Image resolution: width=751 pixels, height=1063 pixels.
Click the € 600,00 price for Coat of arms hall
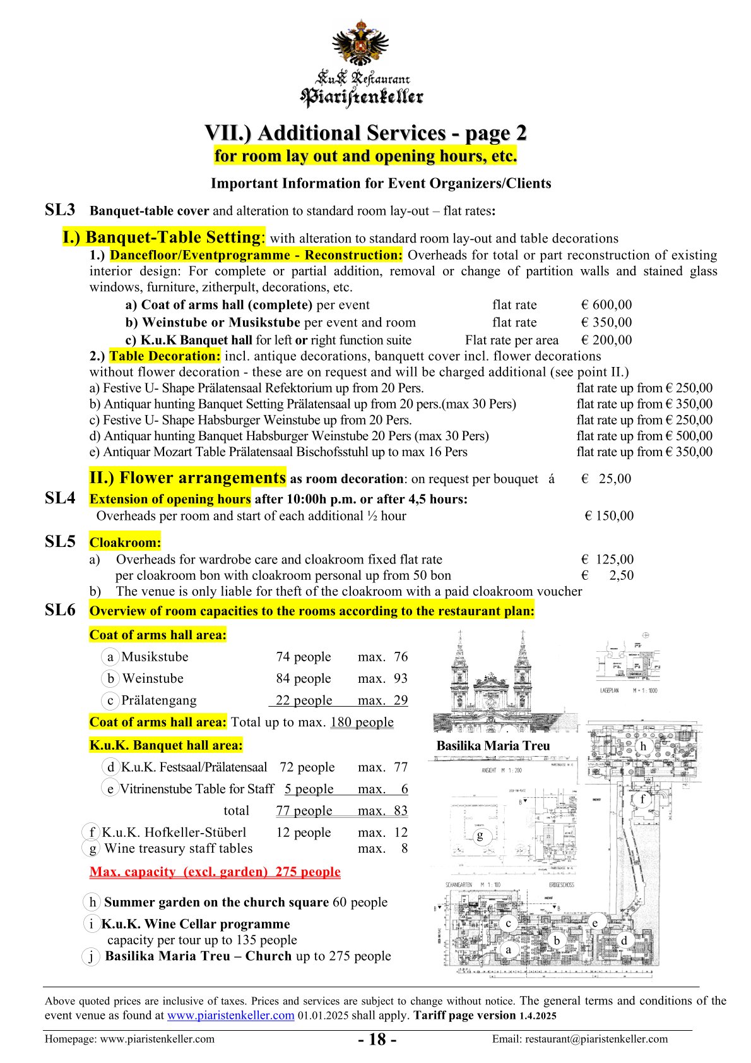tap(606, 305)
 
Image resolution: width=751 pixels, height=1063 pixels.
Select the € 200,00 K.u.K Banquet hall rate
tap(606, 340)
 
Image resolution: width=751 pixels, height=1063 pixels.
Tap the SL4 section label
tap(60, 498)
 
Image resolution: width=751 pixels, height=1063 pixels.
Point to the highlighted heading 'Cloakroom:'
tap(125, 543)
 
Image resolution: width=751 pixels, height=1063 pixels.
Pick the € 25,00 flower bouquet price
tap(606, 479)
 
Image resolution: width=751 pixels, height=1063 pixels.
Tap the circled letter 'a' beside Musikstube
tap(110, 657)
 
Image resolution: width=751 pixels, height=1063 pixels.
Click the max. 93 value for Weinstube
tap(383, 678)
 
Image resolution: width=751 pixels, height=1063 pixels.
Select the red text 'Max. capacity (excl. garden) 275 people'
tap(215, 872)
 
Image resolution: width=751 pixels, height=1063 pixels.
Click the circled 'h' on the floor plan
tap(643, 746)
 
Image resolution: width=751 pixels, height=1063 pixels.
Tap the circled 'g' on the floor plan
tap(480, 836)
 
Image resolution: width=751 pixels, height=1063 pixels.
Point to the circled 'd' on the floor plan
tap(624, 940)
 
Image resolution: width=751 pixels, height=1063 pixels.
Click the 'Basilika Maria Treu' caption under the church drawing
tap(493, 746)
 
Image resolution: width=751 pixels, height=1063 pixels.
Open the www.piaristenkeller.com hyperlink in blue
tap(230, 1016)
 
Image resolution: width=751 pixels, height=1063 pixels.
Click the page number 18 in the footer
tap(377, 1040)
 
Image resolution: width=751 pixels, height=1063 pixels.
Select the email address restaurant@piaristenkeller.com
tap(579, 1039)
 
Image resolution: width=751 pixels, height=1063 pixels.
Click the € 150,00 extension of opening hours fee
tap(609, 516)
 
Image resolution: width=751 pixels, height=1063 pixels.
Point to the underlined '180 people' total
tap(362, 722)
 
